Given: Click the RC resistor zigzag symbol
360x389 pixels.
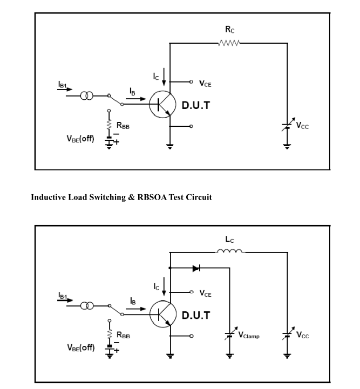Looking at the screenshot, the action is (x=229, y=43).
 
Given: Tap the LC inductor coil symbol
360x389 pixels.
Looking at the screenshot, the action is (x=230, y=251).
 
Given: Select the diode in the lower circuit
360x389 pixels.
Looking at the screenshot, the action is (x=196, y=268).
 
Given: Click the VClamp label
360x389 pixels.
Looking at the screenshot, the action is (x=249, y=335).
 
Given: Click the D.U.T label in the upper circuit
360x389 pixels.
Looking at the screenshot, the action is (x=196, y=105).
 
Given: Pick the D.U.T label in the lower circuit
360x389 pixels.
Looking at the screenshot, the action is (x=196, y=315).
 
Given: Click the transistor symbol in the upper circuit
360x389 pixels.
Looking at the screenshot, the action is (x=162, y=105).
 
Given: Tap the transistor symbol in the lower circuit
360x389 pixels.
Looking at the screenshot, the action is (x=163, y=314).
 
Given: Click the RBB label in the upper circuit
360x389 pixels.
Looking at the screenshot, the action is (x=123, y=126).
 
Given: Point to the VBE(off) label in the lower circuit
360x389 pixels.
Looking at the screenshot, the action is (x=81, y=347).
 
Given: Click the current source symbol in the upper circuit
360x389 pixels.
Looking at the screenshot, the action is (x=87, y=95).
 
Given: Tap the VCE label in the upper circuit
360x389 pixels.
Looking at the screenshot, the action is (x=205, y=83).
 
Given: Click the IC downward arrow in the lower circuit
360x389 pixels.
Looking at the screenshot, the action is (x=164, y=286).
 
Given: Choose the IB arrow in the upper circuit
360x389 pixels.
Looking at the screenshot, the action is (x=136, y=99).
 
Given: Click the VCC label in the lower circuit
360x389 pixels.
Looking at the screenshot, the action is (x=303, y=335).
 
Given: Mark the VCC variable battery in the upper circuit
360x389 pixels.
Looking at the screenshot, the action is (x=288, y=125).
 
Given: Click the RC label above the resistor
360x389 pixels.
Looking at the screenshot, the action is (x=230, y=30).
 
